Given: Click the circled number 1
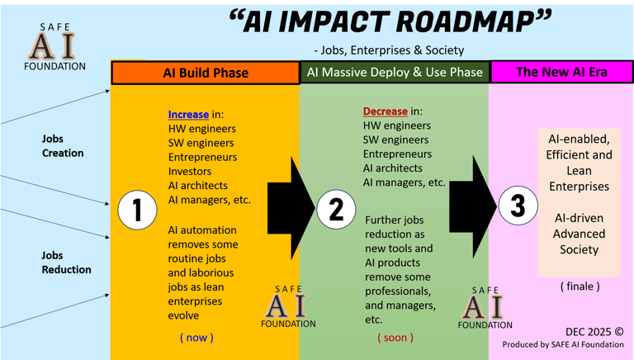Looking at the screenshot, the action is (137, 210).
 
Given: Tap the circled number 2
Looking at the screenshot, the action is (336, 209).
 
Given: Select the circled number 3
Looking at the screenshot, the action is (518, 205).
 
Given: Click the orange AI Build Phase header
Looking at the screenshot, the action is (206, 73).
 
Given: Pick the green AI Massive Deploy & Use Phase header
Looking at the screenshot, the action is (395, 73).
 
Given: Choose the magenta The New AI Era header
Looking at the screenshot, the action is (561, 72).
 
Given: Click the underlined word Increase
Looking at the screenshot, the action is (188, 114).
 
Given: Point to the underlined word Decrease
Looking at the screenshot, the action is (386, 111).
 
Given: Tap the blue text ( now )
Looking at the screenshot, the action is (196, 337).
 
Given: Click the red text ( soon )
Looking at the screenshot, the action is (395, 337).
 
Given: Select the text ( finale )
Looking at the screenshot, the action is (580, 286).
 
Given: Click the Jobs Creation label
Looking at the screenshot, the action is (63, 146).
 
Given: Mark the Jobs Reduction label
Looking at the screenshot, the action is (66, 263).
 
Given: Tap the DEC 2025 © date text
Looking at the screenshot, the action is (594, 331).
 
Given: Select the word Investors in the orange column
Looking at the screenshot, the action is (190, 172).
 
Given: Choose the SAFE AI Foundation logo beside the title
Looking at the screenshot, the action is (55, 46).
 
